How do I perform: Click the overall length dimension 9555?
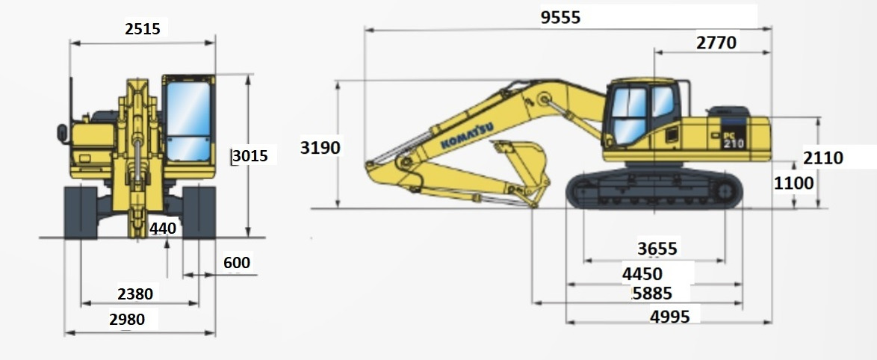point(560,17)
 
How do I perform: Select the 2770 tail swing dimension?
point(716,43)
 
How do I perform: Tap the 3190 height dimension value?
point(320,148)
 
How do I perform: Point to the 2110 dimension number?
point(822,158)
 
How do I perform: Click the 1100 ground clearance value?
point(793,183)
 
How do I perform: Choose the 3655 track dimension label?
point(657,248)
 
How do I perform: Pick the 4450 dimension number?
point(642,274)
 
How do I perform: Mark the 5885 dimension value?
point(652,293)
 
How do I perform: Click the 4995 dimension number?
point(669,317)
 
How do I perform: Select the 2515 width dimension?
point(143,28)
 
